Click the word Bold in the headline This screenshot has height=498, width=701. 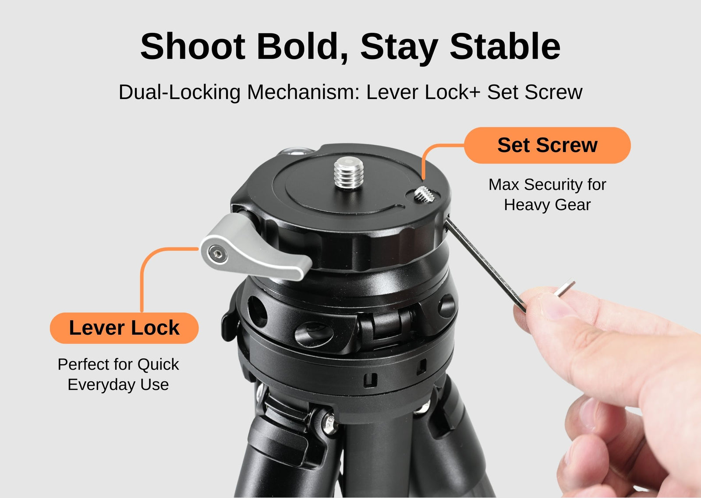pyautogui.click(x=302, y=46)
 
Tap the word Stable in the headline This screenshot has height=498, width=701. pyautogui.click(x=505, y=46)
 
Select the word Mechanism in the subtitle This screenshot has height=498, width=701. pyautogui.click(x=303, y=92)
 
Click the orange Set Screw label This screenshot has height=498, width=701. pyautogui.click(x=547, y=146)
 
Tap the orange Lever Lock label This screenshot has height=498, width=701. pyautogui.click(x=124, y=328)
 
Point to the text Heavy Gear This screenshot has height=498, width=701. pyautogui.click(x=547, y=205)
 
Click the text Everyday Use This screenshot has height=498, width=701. pyautogui.click(x=118, y=384)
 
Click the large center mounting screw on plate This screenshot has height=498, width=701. pyautogui.click(x=349, y=173)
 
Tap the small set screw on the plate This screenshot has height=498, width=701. pyautogui.click(x=424, y=194)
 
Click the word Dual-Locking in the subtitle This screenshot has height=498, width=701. pyautogui.click(x=180, y=92)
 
